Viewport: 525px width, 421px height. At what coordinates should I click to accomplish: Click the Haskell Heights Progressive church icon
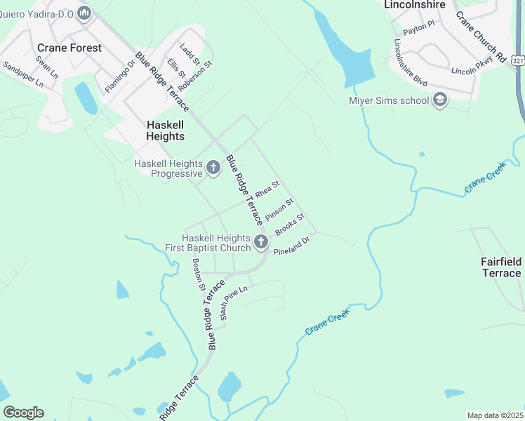[x=213, y=168]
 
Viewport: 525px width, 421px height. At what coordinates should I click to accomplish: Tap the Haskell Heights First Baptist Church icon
[x=261, y=243]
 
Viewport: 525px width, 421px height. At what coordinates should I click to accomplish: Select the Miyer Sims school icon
[x=440, y=100]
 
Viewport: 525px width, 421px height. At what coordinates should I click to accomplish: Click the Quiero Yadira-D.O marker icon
[x=84, y=12]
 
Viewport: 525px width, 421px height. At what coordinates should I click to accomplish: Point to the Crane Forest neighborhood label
[x=69, y=48]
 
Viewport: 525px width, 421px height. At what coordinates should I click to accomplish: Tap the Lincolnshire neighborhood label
[x=414, y=4]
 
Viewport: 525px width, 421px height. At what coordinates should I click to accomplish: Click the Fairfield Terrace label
[x=501, y=267]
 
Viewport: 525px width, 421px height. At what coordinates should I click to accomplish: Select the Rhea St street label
[x=267, y=189]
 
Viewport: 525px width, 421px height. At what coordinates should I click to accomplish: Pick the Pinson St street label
[x=279, y=208]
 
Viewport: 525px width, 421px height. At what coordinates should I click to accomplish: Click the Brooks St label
[x=289, y=225]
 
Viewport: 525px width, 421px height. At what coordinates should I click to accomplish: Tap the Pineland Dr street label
[x=291, y=245]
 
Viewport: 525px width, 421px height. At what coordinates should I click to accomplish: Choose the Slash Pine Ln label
[x=234, y=303]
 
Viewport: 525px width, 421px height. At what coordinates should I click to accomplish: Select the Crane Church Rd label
[x=481, y=36]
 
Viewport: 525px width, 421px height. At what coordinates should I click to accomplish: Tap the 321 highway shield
[x=518, y=61]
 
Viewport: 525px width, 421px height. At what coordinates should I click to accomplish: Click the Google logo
[x=23, y=412]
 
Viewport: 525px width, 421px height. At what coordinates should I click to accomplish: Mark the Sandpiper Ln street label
[x=23, y=74]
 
